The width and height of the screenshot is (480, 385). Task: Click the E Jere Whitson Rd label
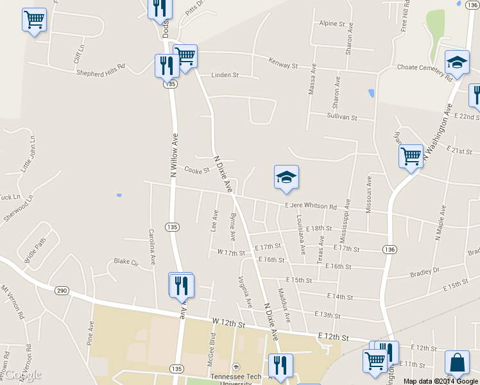click(311, 207)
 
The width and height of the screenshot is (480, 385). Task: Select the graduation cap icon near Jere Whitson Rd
click(286, 178)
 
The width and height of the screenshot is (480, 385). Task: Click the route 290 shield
click(62, 291)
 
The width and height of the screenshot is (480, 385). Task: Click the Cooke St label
click(197, 171)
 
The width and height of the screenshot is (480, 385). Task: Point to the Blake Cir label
click(126, 262)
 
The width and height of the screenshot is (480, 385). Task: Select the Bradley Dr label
click(424, 273)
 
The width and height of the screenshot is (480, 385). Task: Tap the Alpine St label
click(332, 24)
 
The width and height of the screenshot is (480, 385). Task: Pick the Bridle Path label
click(36, 246)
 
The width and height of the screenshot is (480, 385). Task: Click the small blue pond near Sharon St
click(371, 93)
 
